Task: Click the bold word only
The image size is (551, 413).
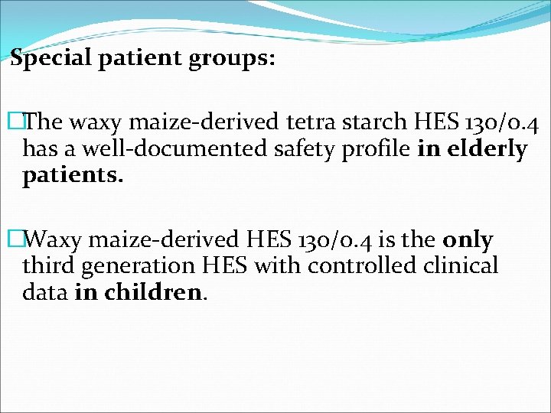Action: point(468,240)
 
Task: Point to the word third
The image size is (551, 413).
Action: point(48,266)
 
